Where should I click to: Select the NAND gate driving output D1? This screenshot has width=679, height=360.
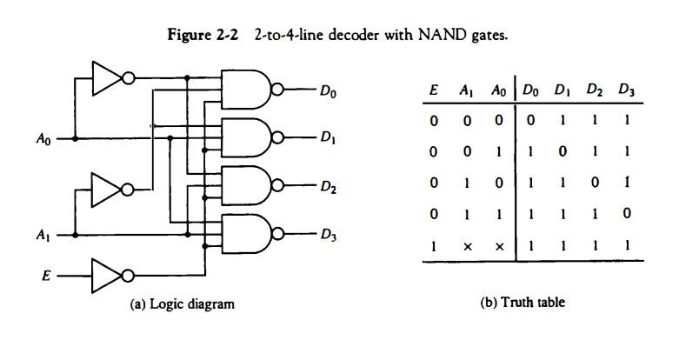[x=248, y=137]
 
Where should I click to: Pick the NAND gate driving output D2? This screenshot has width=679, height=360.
[x=248, y=185]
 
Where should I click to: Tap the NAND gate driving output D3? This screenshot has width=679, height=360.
[x=248, y=233]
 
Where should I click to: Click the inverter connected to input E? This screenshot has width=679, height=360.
[x=106, y=276]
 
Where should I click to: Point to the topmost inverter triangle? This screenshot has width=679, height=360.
[x=106, y=79]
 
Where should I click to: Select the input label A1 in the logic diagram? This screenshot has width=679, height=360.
[x=43, y=235]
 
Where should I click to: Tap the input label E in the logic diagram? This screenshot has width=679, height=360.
[x=46, y=276]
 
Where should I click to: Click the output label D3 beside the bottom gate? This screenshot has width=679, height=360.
[x=328, y=234]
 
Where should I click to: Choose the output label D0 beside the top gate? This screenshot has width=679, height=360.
[x=328, y=90]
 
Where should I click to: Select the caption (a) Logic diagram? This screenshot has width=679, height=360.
[x=182, y=303]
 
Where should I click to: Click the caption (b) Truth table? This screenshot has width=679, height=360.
[x=523, y=303]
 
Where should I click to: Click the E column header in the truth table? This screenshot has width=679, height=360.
[x=433, y=90]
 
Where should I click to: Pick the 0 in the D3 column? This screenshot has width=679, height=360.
[x=625, y=214]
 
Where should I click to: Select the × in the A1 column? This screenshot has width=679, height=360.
[x=467, y=247]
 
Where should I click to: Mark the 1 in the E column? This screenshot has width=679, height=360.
[x=433, y=246]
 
